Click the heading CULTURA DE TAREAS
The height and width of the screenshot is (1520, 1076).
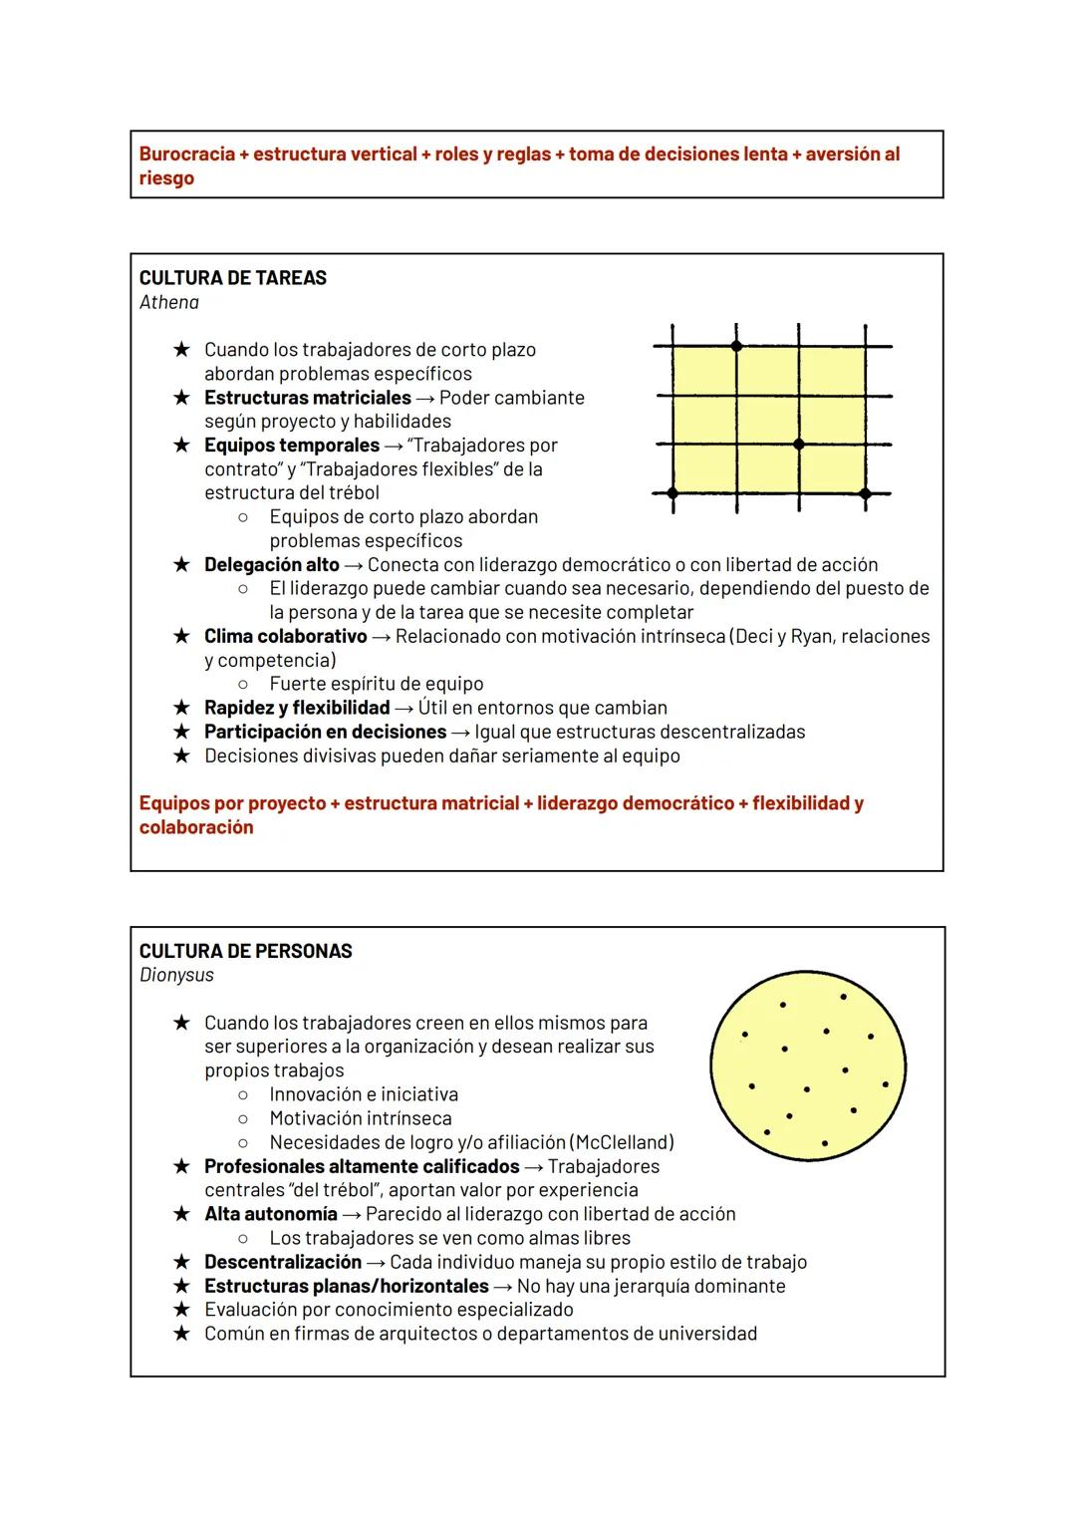pos(232,278)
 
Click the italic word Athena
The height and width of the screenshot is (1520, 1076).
pos(169,302)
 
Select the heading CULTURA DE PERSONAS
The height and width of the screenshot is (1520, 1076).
pos(245,951)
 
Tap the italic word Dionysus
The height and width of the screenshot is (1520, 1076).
pos(176,975)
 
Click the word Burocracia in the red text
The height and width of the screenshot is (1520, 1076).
pos(187,154)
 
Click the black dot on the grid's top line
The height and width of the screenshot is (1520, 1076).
pos(736,346)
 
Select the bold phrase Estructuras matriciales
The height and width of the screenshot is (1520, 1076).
pos(307,398)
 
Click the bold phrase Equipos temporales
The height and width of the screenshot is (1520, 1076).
pos(291,446)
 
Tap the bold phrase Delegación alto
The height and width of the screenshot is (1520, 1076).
pos(271,565)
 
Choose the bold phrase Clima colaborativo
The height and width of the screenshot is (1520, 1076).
pos(285,636)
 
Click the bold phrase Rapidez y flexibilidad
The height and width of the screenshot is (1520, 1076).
pos(296,708)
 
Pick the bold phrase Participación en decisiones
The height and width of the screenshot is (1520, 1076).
pos(325,732)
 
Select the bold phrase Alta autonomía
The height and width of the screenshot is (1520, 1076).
pos(270,1214)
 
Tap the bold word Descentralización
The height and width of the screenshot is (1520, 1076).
pos(282,1262)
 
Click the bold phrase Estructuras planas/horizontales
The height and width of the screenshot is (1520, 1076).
pos(346,1286)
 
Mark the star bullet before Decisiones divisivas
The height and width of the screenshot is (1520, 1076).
pos(181,756)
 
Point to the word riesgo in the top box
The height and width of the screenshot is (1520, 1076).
pos(166,178)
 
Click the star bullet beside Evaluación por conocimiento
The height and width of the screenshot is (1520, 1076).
pos(181,1310)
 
